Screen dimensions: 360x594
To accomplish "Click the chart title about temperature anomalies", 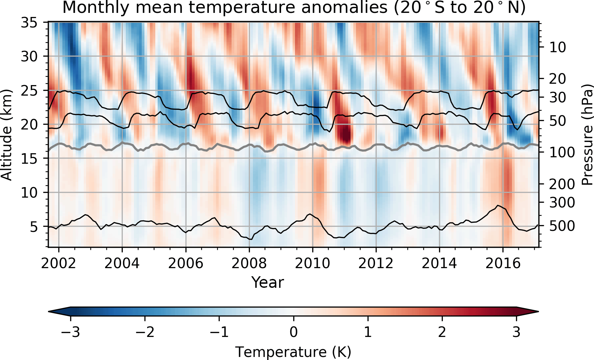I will (294, 7).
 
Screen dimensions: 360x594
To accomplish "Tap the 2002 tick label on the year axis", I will (58, 263).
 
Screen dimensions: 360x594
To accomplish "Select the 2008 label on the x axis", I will (249, 263).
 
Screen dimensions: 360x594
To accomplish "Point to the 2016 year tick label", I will (502, 263).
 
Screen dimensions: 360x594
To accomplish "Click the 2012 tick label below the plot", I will (376, 263).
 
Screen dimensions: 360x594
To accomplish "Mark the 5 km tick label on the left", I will (34, 227).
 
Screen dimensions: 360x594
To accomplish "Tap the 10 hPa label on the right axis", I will (557, 47).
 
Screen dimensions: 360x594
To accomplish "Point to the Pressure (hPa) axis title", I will (587, 135).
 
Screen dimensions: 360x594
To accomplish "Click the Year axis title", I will (268, 282).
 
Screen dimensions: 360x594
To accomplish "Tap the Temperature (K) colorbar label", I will (293, 352).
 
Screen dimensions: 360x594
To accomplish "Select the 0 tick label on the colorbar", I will (294, 332).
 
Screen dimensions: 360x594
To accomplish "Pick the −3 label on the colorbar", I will (71, 332).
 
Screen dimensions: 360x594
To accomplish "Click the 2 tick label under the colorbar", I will (442, 332).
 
